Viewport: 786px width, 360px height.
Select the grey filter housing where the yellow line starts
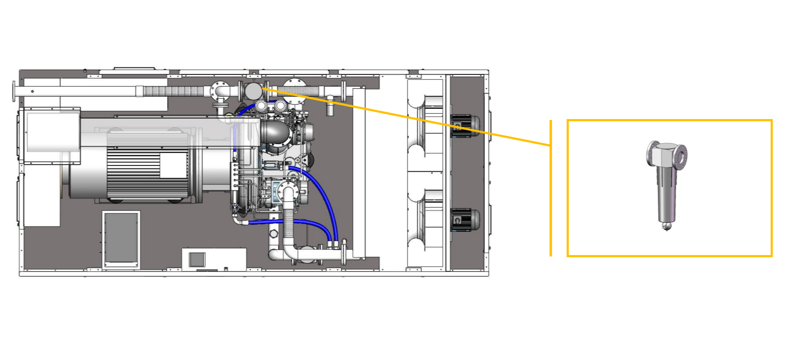pyautogui.click(x=253, y=91)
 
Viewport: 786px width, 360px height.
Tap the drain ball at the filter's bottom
pyautogui.click(x=667, y=225)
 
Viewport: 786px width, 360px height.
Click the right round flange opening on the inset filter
pyautogui.click(x=681, y=157)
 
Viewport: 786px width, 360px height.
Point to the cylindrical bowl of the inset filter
pyautogui.click(x=666, y=194)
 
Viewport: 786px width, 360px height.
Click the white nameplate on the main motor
pyautogui.click(x=173, y=165)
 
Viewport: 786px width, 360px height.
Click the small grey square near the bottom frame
pyautogui.click(x=197, y=259)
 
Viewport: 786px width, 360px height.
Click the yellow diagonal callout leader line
pyautogui.click(x=407, y=117)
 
